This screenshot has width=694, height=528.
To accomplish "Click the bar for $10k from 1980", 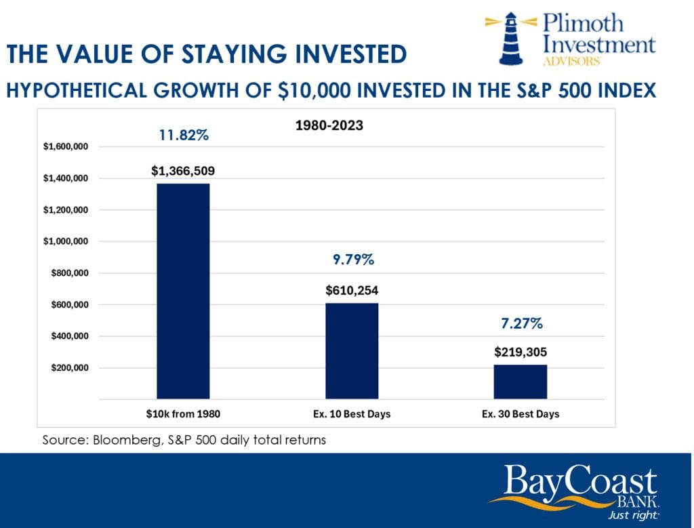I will [x=183, y=291].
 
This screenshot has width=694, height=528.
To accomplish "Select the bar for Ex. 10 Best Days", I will [x=352, y=350].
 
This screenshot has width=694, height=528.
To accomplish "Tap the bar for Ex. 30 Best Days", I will [x=520, y=381].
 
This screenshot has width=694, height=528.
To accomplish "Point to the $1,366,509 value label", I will [x=183, y=171].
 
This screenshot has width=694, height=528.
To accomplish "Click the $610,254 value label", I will [x=352, y=291].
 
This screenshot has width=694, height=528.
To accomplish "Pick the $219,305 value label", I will [x=520, y=352].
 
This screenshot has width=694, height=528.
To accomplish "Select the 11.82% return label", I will [x=184, y=135].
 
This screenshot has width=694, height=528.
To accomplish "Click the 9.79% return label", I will [x=352, y=260].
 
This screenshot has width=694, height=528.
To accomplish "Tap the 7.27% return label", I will [x=520, y=323].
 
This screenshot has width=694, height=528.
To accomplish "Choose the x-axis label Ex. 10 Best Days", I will [x=352, y=413].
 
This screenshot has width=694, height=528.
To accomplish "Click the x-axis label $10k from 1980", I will [x=183, y=413].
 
